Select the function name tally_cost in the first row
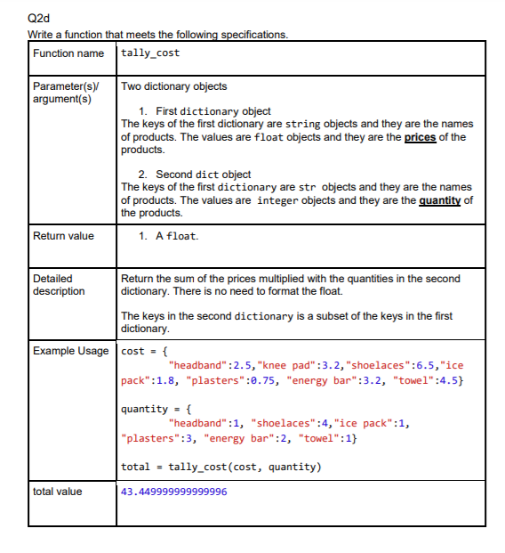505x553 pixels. pos(150,53)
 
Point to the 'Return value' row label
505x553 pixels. pos(63,236)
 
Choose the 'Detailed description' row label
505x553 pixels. pos(59,285)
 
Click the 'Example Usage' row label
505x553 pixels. pos(70,351)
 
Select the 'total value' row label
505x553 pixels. pos(58,491)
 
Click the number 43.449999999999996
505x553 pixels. pos(173,492)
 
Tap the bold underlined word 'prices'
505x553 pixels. pos(420,137)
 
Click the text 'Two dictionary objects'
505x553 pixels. pos(173,86)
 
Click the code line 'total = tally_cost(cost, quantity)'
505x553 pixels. pos(220,468)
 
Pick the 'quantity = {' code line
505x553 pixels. pos(155,410)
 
